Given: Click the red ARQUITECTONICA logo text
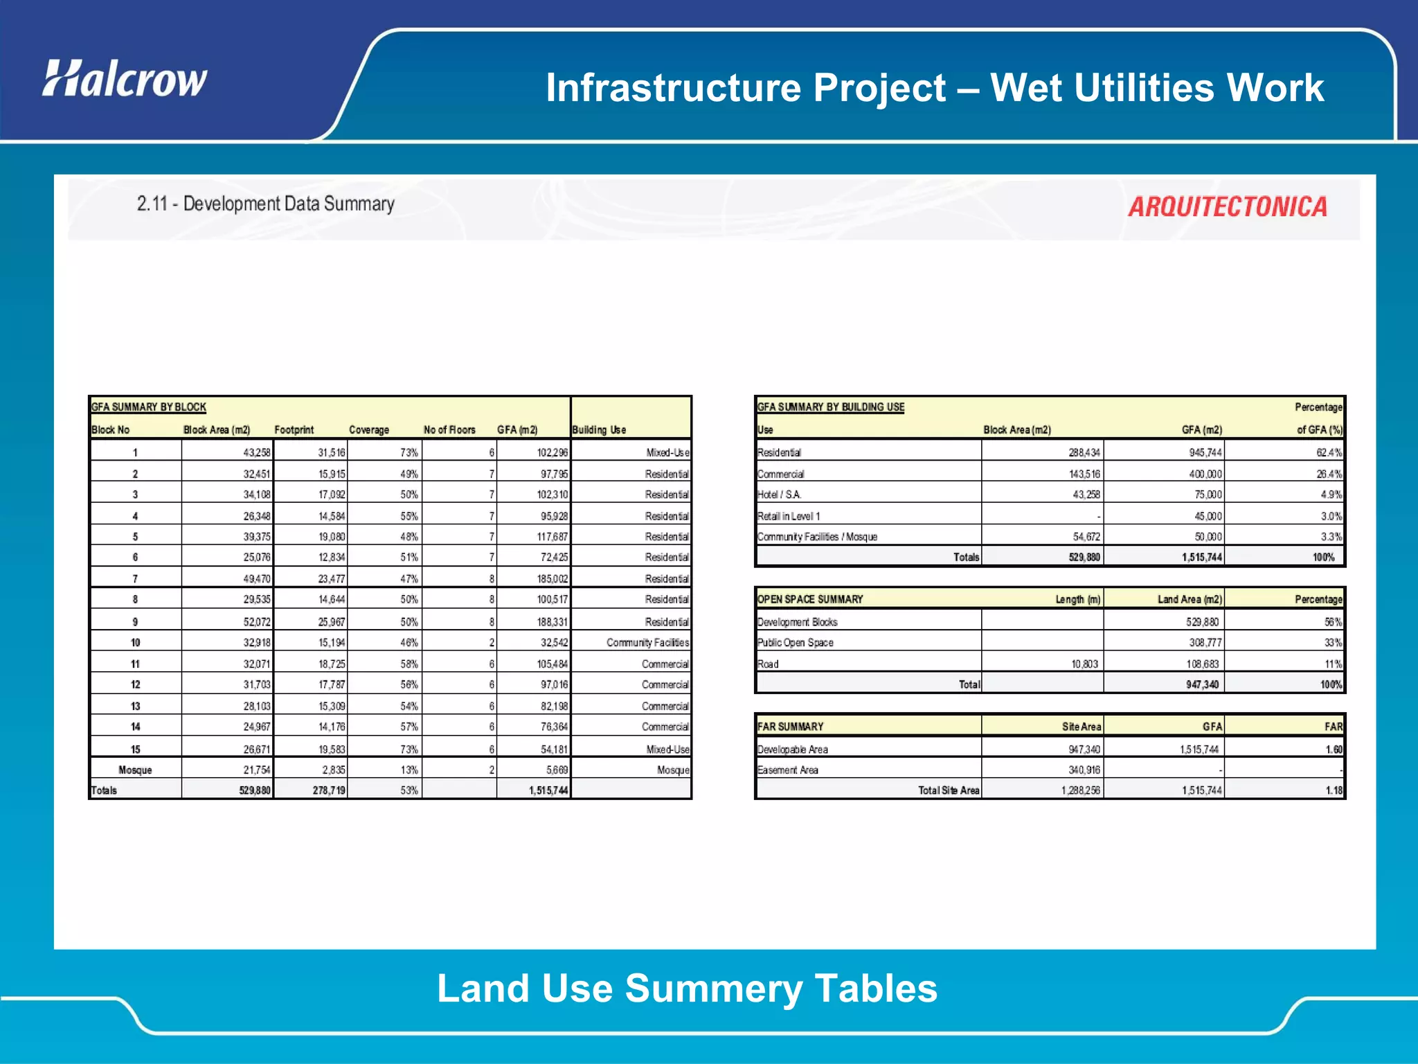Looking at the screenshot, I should tap(1228, 207).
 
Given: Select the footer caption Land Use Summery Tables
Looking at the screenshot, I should tap(687, 988).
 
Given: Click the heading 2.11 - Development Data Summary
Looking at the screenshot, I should tap(265, 204).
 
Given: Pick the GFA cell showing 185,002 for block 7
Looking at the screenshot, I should tap(553, 578).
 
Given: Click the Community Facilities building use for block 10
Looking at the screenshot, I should tap(647, 642).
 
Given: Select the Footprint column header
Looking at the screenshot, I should tap(294, 429).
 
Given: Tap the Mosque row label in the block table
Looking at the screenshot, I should tap(135, 770).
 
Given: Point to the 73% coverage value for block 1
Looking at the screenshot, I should tap(409, 452).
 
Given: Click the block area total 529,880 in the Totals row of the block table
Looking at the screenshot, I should tap(255, 790).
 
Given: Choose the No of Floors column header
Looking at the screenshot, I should tap(449, 429).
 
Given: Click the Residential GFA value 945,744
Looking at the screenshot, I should tap(1205, 452).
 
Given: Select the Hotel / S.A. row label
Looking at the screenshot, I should tap(779, 495).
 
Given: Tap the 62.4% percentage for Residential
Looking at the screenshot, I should tap(1328, 452).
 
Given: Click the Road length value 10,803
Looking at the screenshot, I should tap(1084, 664).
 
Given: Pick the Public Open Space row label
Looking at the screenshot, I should tap(795, 642).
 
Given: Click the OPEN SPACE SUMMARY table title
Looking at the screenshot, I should tap(810, 599).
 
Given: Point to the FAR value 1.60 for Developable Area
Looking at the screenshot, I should tap(1334, 749).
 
